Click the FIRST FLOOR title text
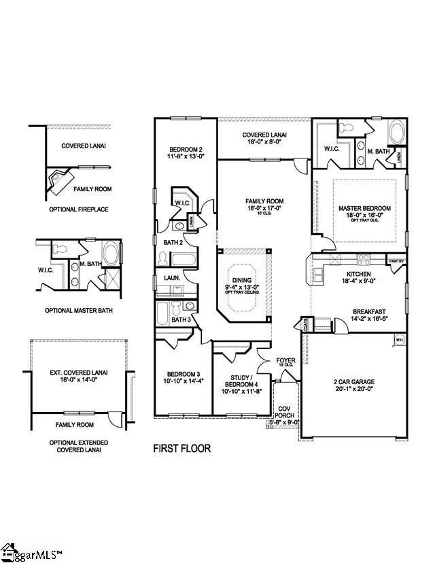tap(181, 449)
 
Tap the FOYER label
tap(285, 361)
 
